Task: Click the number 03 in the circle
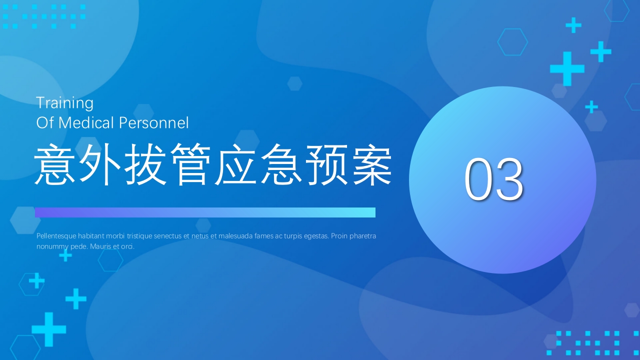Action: click(493, 179)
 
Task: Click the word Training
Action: click(64, 103)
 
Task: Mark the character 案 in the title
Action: click(370, 165)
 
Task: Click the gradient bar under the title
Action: click(205, 212)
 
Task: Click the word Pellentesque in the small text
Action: click(56, 236)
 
